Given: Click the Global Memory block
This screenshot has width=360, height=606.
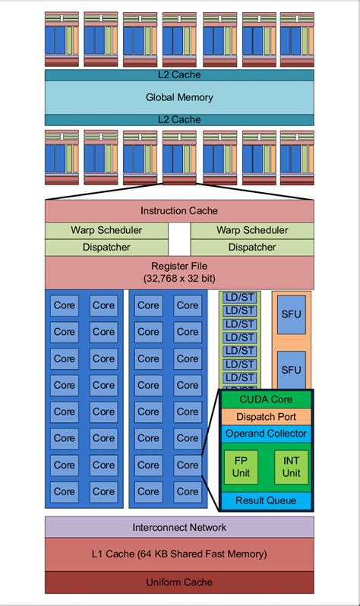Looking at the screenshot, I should [179, 97].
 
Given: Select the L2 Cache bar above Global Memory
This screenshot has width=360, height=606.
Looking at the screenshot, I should [179, 75].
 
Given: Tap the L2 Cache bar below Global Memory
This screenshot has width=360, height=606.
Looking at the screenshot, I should [179, 119].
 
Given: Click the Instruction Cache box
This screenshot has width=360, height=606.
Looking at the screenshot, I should [179, 210].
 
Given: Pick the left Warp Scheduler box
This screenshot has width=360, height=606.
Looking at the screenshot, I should [106, 230].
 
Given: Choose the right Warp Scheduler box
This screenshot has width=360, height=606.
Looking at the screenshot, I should [252, 230].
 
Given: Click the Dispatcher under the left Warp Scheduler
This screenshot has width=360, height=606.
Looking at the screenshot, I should [106, 247].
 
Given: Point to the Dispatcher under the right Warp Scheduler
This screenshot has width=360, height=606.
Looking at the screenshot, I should [252, 247].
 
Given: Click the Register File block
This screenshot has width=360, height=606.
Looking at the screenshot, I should [179, 272].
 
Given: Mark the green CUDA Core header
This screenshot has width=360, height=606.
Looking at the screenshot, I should [266, 399].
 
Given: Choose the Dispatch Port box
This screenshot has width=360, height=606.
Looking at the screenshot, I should [266, 416].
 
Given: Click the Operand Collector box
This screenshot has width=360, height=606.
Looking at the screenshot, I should [266, 434].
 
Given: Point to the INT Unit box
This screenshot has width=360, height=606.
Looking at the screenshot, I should [291, 467].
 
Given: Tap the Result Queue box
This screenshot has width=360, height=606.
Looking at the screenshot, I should [266, 500].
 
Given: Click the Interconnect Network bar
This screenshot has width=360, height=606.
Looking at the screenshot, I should [179, 527].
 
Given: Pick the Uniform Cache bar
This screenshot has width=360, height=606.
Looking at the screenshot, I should [179, 582].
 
